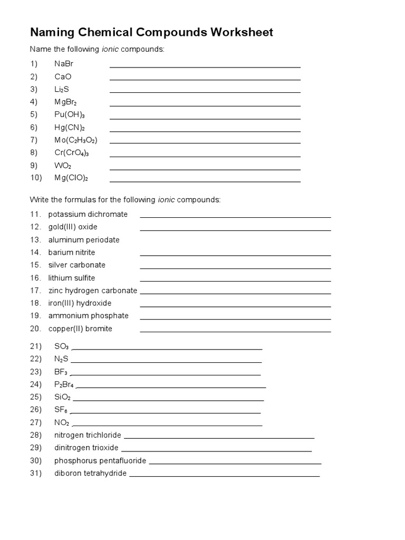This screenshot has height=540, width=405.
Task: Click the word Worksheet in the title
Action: [242, 33]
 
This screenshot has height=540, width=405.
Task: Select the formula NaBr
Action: [64, 64]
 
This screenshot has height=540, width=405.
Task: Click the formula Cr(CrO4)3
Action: [72, 153]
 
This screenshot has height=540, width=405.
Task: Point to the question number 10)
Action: [36, 178]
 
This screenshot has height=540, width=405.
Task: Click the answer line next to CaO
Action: [205, 79]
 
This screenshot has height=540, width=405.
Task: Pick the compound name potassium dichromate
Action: [88, 214]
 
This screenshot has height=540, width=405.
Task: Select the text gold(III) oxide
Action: [73, 227]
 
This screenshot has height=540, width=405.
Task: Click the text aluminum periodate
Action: [84, 239]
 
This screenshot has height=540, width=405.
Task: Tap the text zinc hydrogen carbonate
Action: [93, 291]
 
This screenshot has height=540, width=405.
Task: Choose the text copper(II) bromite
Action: [80, 329]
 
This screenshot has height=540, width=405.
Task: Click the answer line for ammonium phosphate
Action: [235, 319]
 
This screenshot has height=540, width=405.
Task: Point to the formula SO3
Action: [61, 346]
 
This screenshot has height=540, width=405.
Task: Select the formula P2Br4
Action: [64, 384]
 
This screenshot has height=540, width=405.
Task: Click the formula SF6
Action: [61, 410]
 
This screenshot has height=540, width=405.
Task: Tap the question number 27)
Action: [36, 422]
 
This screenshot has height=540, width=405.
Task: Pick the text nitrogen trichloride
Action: [88, 435]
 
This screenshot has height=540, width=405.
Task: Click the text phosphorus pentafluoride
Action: [100, 460]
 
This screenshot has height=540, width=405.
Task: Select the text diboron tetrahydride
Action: [90, 473]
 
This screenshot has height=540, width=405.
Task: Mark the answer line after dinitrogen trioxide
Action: [216, 451]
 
